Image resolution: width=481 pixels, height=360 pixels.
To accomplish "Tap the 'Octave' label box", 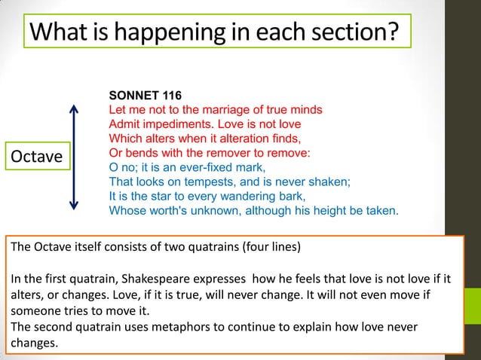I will tap(35, 157).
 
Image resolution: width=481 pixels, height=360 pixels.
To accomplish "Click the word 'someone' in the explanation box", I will tap(35, 312).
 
